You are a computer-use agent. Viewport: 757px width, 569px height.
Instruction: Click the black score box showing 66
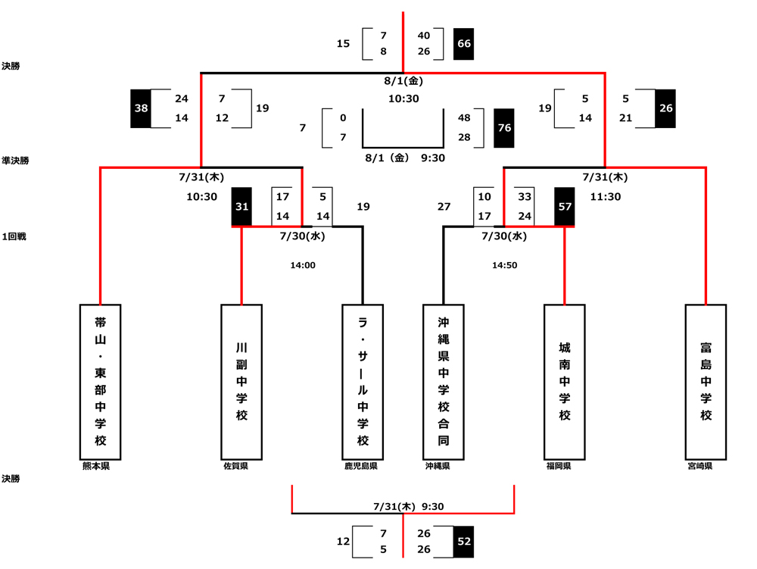point(463,44)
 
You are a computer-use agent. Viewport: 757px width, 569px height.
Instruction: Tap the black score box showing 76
point(504,128)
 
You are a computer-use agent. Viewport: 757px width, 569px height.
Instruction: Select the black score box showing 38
point(141,108)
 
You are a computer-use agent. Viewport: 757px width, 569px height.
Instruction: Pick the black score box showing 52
point(463,542)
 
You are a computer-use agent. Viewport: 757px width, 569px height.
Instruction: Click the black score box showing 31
point(241,206)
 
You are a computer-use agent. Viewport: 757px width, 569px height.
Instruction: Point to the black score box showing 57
point(565,206)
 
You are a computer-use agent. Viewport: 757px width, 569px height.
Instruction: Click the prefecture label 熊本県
point(96,467)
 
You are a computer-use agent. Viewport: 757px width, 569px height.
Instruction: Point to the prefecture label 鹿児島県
point(361,467)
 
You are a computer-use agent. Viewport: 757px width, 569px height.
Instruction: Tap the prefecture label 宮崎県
point(699,467)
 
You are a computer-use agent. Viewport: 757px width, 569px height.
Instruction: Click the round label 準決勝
point(15,161)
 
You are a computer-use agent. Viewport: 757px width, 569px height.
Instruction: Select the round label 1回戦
point(14,236)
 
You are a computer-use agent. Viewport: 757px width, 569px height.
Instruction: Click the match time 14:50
point(504,266)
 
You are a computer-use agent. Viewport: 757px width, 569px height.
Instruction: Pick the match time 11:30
point(605,196)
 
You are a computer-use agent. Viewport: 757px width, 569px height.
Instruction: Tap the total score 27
point(444,206)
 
